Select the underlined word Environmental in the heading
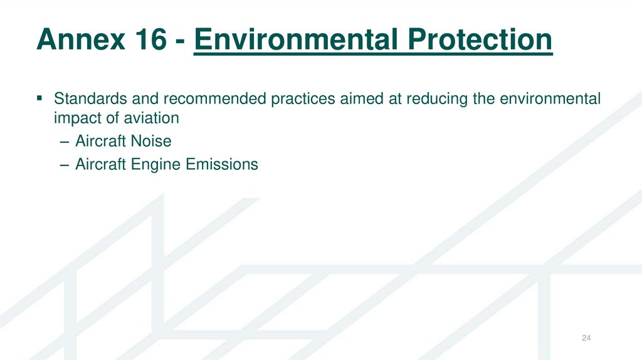[294, 40]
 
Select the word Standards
[85, 98]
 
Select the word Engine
[157, 165]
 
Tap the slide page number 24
[586, 339]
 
